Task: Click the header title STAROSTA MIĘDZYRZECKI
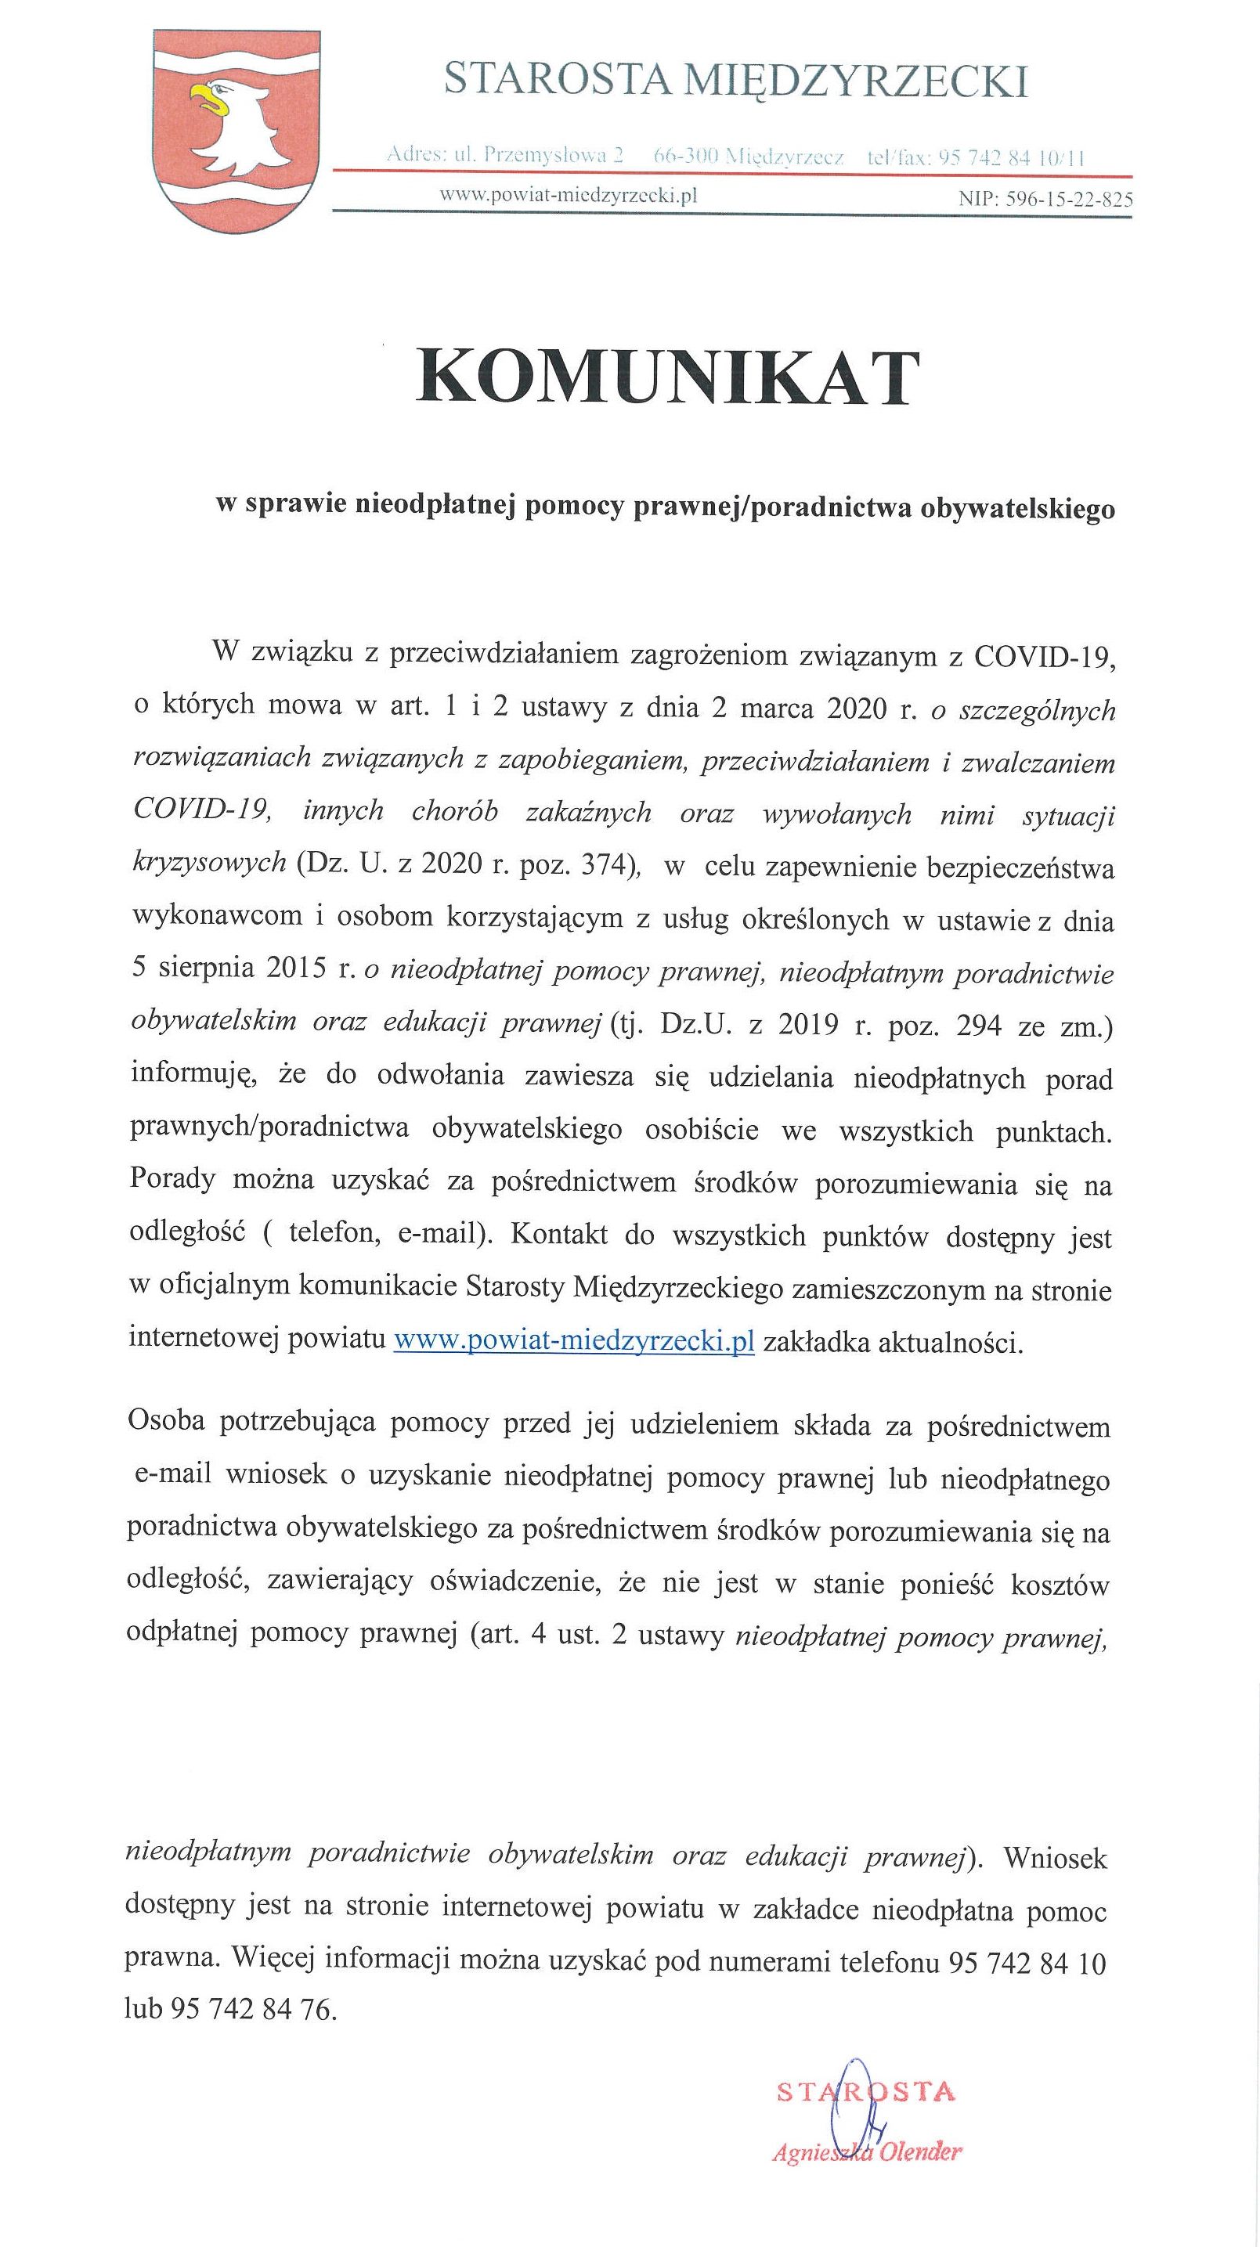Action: (x=735, y=81)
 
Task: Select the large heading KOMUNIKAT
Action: (x=667, y=380)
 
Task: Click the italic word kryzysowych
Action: (x=209, y=864)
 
